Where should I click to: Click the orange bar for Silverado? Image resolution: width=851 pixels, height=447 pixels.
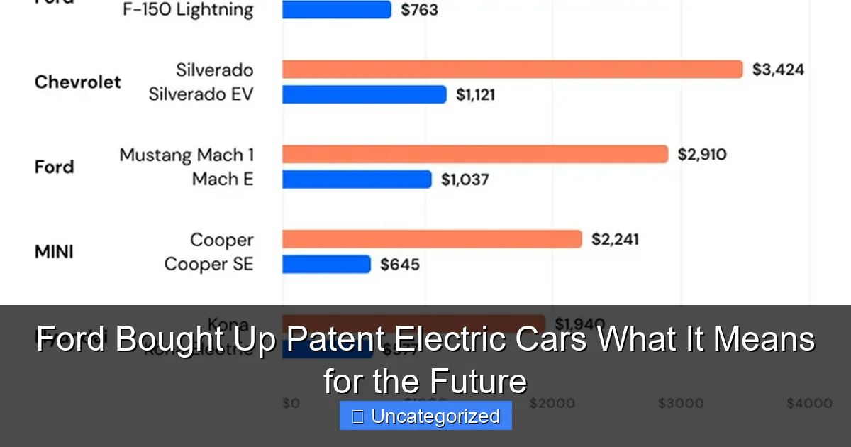tap(512, 69)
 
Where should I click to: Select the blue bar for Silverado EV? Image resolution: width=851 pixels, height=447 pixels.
tap(365, 94)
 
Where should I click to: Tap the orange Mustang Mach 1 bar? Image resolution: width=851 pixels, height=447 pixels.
tap(475, 154)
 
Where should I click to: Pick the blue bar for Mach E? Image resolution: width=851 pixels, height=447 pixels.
tap(357, 180)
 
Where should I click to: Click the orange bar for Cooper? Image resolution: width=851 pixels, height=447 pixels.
tap(432, 239)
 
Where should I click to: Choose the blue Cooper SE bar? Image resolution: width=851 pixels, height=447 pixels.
tap(326, 265)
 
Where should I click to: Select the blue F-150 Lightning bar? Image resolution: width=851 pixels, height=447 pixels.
tap(337, 9)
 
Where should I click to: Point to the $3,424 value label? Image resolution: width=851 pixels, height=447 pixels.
tap(778, 70)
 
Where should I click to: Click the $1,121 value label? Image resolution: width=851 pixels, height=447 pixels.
tap(475, 95)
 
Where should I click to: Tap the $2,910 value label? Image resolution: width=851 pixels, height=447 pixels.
tap(701, 155)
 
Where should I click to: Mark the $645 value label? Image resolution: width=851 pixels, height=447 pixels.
tap(400, 265)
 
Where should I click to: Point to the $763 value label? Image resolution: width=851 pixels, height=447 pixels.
tap(419, 10)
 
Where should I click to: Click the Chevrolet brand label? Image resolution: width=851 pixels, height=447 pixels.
tap(78, 82)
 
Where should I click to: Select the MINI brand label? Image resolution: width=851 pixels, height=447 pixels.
tap(54, 252)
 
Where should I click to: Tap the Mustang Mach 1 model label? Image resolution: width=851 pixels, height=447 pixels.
tap(187, 155)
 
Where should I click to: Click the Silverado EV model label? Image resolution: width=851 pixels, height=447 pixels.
tap(201, 94)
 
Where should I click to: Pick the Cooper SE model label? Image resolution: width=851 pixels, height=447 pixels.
tap(208, 265)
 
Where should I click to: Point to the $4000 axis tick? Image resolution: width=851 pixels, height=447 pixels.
tap(809, 403)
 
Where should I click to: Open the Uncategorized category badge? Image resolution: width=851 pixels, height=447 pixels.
tap(425, 416)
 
